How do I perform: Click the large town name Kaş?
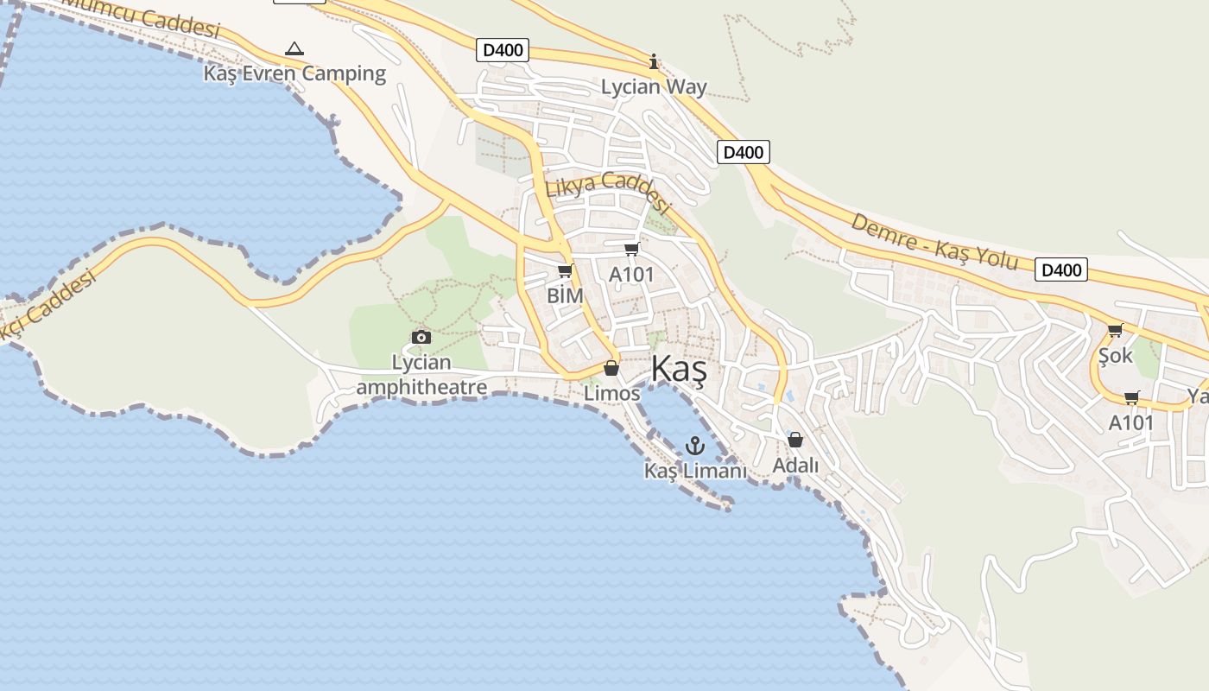click(679, 370)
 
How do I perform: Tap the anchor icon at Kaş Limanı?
click(695, 446)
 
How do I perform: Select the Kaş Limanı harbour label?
click(695, 471)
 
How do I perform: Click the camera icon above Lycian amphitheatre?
click(421, 337)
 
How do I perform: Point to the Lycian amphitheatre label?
click(421, 375)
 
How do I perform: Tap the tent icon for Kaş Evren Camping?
click(294, 48)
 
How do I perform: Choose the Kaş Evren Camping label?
click(294, 73)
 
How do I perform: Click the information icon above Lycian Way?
click(654, 61)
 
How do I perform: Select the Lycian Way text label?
click(654, 87)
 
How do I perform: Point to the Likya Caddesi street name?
click(607, 191)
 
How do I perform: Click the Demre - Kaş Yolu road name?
click(934, 241)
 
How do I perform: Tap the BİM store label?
click(566, 295)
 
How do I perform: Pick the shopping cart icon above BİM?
click(566, 271)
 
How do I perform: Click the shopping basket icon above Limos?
click(611, 369)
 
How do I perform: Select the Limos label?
click(611, 394)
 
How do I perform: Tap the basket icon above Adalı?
click(795, 441)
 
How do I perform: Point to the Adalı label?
click(795, 466)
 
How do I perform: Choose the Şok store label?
click(1115, 355)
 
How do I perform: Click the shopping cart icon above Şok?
click(1115, 330)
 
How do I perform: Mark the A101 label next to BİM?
click(631, 275)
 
